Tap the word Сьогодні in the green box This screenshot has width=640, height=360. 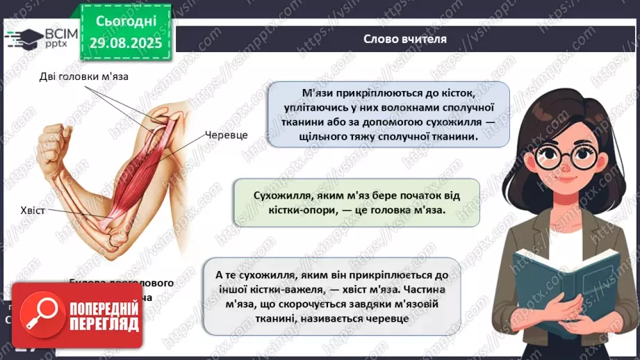click(125, 22)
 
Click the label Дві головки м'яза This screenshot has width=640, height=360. click(83, 77)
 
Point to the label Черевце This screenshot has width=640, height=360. click(226, 135)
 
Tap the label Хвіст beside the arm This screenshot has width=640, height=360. click(33, 209)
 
